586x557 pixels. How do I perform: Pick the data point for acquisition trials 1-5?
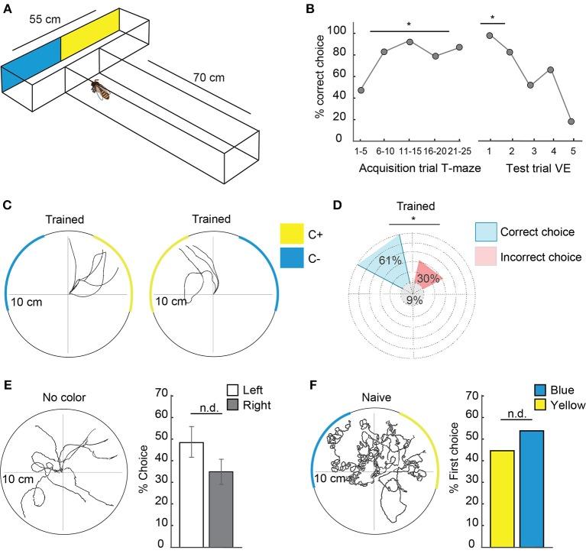click(x=361, y=90)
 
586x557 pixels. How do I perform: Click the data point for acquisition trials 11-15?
click(x=409, y=41)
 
